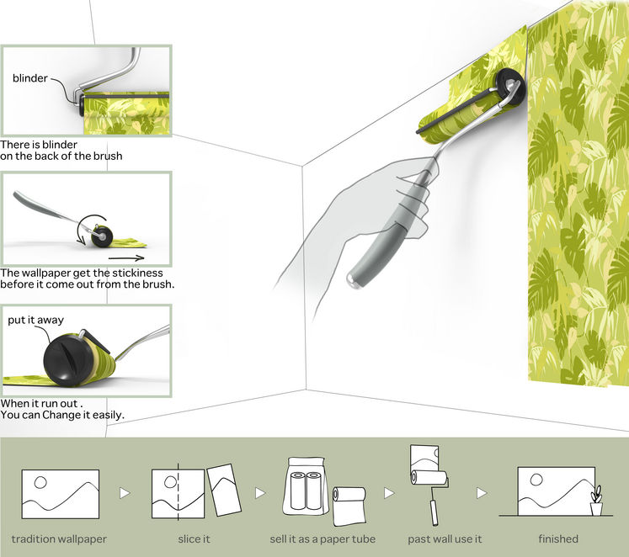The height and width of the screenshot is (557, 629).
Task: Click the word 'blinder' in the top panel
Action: click(30, 78)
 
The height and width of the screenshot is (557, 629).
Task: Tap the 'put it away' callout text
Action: click(35, 320)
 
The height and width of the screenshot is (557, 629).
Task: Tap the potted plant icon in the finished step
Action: click(598, 501)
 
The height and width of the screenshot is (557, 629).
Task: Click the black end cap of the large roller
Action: click(508, 83)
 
